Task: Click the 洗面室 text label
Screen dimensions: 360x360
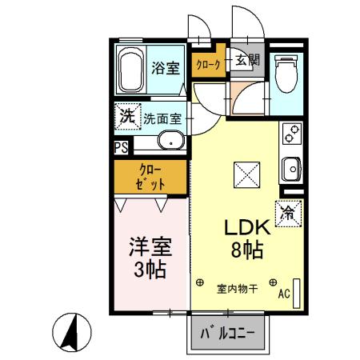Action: coord(163,118)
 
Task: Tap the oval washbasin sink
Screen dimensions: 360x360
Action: coord(170,142)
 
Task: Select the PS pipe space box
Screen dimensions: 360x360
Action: coord(120,147)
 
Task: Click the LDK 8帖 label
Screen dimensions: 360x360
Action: coord(242,237)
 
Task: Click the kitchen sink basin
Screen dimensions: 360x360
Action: coord(291,170)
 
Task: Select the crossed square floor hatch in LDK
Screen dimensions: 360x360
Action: coord(243,174)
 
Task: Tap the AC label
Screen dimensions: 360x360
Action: coord(282,294)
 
